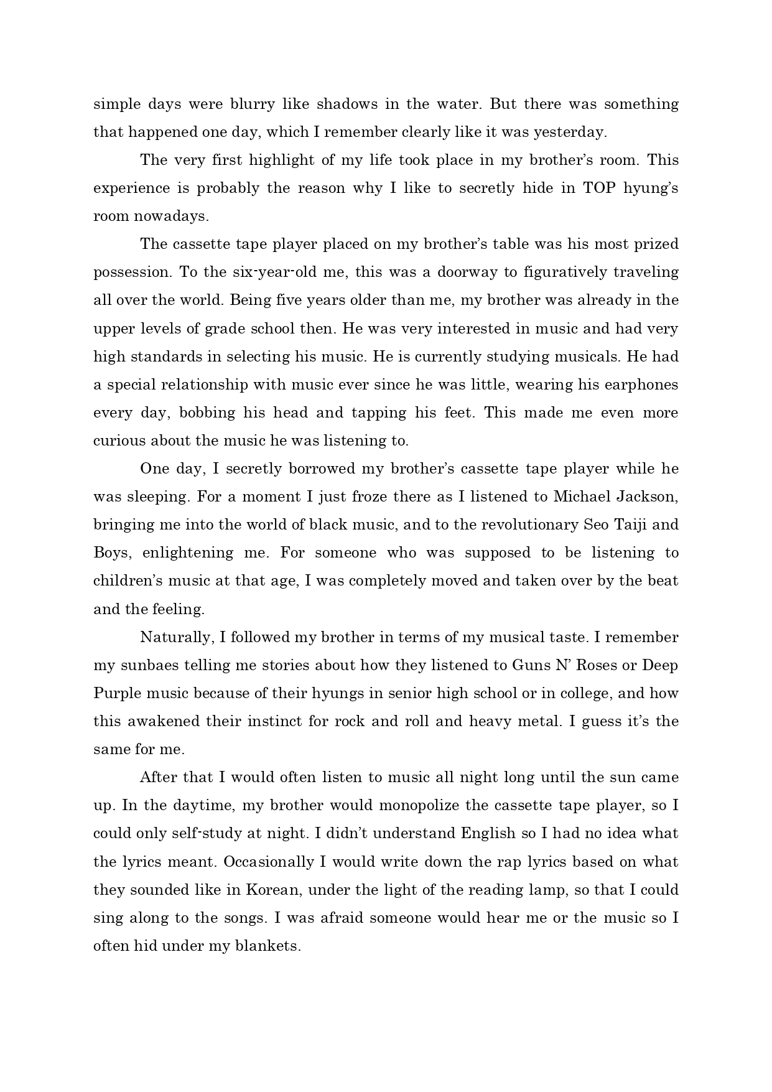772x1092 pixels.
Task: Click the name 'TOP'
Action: pyautogui.click(x=600, y=188)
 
